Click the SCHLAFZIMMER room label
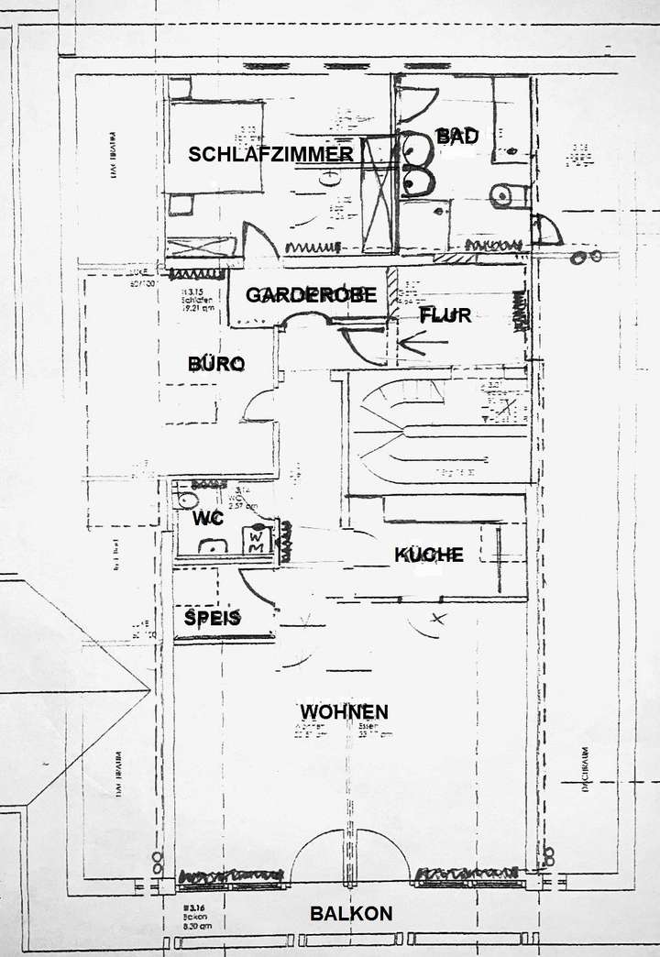click(270, 154)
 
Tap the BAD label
click(456, 137)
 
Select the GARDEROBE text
click(311, 295)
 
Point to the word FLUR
click(445, 315)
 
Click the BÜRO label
click(216, 364)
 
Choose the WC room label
click(208, 518)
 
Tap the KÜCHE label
click(428, 555)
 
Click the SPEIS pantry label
click(213, 618)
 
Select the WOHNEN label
click(344, 711)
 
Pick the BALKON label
click(351, 913)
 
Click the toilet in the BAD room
click(504, 195)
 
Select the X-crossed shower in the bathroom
click(378, 194)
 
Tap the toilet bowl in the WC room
click(188, 500)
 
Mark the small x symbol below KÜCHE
click(438, 619)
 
